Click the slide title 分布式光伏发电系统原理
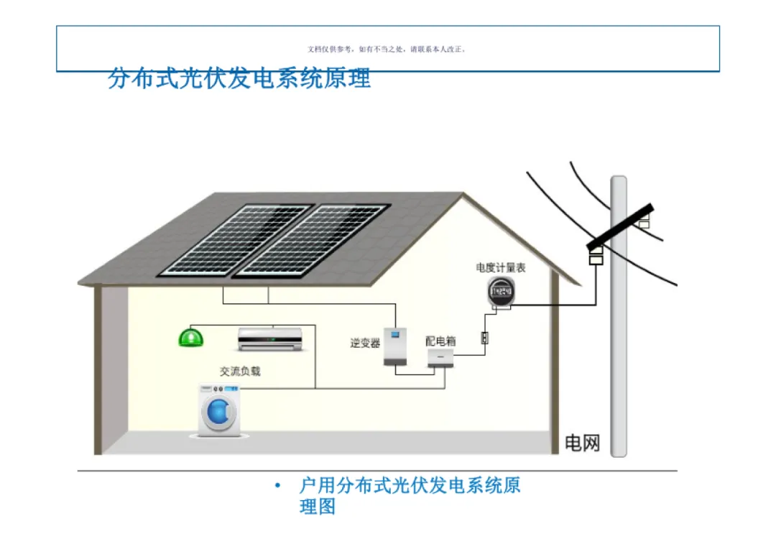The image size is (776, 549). point(239,78)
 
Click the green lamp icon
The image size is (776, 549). point(191,337)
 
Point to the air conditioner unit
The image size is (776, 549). point(270,338)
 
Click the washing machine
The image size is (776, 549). point(218,410)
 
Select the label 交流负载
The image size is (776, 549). point(240,372)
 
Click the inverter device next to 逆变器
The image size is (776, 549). point(394,348)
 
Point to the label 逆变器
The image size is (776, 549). point(365,343)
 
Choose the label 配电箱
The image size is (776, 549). point(440,341)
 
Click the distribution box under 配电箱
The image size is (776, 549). point(440,358)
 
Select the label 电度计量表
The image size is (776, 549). point(501,267)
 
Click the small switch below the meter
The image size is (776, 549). point(485,337)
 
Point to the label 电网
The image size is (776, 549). point(582,443)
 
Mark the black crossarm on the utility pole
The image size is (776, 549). point(621,224)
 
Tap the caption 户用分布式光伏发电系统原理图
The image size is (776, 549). point(410,495)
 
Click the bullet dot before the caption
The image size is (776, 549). point(277,486)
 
